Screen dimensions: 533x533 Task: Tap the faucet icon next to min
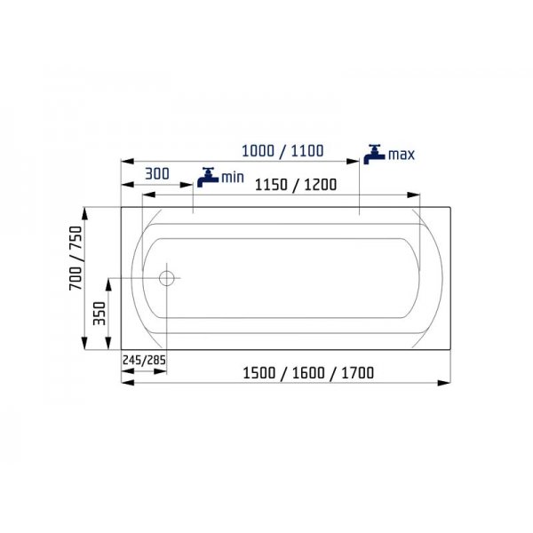pyautogui.click(x=208, y=177)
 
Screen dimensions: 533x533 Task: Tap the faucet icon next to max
pyautogui.click(x=374, y=155)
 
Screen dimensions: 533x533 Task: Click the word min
pyautogui.click(x=233, y=178)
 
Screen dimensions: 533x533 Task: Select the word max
pyautogui.click(x=402, y=155)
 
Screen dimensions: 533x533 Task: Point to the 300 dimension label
pyautogui.click(x=157, y=174)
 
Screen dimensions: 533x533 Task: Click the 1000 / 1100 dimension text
pyautogui.click(x=282, y=151)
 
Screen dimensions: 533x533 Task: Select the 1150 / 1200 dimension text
pyautogui.click(x=296, y=185)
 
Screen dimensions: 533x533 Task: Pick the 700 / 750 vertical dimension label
pyautogui.click(x=76, y=258)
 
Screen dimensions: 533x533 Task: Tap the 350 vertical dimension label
pyautogui.click(x=99, y=313)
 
